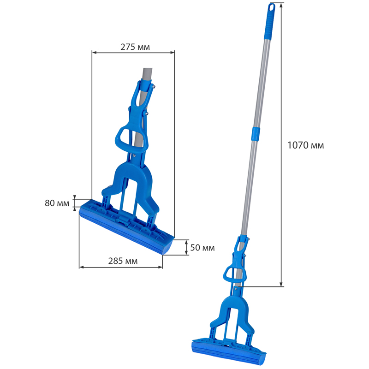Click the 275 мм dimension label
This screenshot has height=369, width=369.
click(x=135, y=47)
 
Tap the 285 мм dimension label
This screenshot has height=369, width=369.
click(x=123, y=261)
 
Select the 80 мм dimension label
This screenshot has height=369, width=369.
click(x=57, y=203)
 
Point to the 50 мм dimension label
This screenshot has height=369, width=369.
click(x=202, y=248)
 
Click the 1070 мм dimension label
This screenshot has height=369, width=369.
click(x=306, y=145)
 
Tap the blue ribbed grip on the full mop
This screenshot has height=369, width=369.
click(x=269, y=22)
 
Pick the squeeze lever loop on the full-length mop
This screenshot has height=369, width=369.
click(x=234, y=274)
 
